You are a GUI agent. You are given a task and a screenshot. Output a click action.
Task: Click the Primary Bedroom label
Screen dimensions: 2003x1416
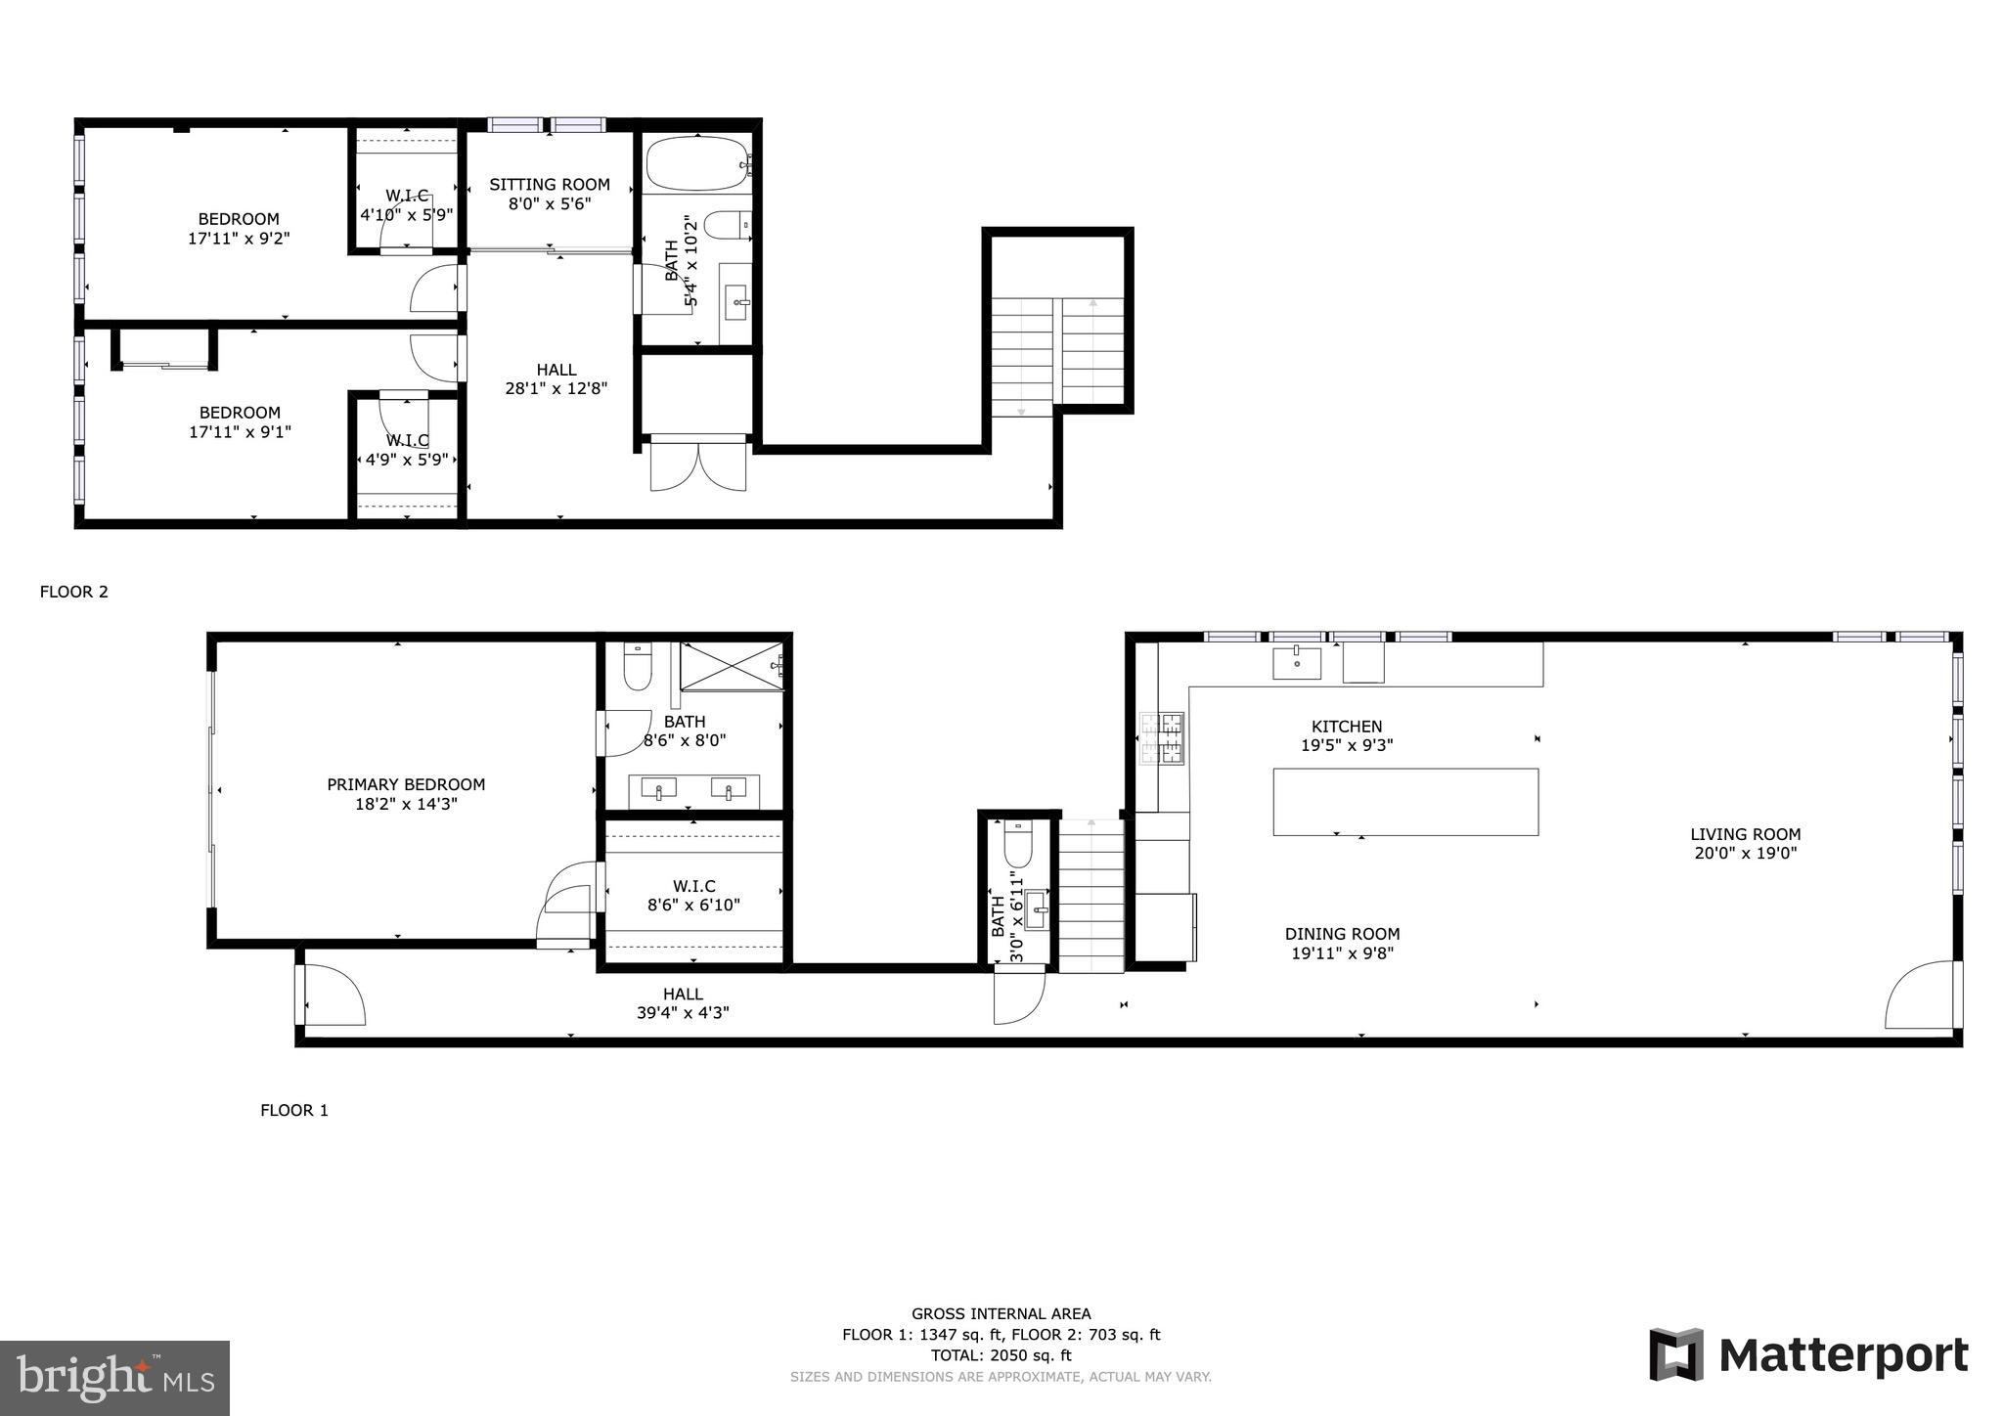(x=406, y=784)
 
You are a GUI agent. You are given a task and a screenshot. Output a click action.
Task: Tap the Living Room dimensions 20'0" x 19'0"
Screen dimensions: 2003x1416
(x=1746, y=853)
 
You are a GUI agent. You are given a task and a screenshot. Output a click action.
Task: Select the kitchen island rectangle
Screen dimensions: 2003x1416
(x=1405, y=802)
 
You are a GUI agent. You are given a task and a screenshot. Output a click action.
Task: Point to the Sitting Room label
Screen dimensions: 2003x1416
(x=550, y=184)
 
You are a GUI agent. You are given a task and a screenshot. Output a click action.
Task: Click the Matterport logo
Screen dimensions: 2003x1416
(x=1808, y=1355)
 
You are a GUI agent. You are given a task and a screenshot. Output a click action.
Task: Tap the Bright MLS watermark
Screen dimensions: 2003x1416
(x=115, y=1379)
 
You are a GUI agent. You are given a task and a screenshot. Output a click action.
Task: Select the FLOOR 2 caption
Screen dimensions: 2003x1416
(x=74, y=592)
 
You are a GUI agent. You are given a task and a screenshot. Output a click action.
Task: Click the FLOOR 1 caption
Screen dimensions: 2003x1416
(x=294, y=1110)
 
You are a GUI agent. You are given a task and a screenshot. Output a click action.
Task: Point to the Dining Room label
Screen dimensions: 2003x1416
(x=1343, y=934)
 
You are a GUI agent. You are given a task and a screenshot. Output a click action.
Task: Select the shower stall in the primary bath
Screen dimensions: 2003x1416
(x=733, y=666)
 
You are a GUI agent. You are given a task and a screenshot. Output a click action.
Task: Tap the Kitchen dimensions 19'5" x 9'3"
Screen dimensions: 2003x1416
(x=1347, y=745)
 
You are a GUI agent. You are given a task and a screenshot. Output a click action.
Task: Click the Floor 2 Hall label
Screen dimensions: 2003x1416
(x=556, y=370)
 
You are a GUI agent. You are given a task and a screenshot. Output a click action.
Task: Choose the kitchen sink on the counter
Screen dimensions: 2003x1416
(x=1297, y=662)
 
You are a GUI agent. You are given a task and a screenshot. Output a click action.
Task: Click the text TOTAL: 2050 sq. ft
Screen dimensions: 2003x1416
(x=1001, y=1355)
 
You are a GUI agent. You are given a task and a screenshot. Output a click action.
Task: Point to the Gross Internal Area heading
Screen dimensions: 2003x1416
(x=1001, y=1314)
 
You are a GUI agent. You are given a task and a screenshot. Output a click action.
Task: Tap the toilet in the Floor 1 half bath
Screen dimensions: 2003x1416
(x=1018, y=844)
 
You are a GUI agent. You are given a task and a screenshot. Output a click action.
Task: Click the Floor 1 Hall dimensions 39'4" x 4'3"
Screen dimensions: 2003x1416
(x=683, y=1013)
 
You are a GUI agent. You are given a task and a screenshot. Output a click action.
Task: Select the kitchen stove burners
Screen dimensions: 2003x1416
(x=1162, y=738)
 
